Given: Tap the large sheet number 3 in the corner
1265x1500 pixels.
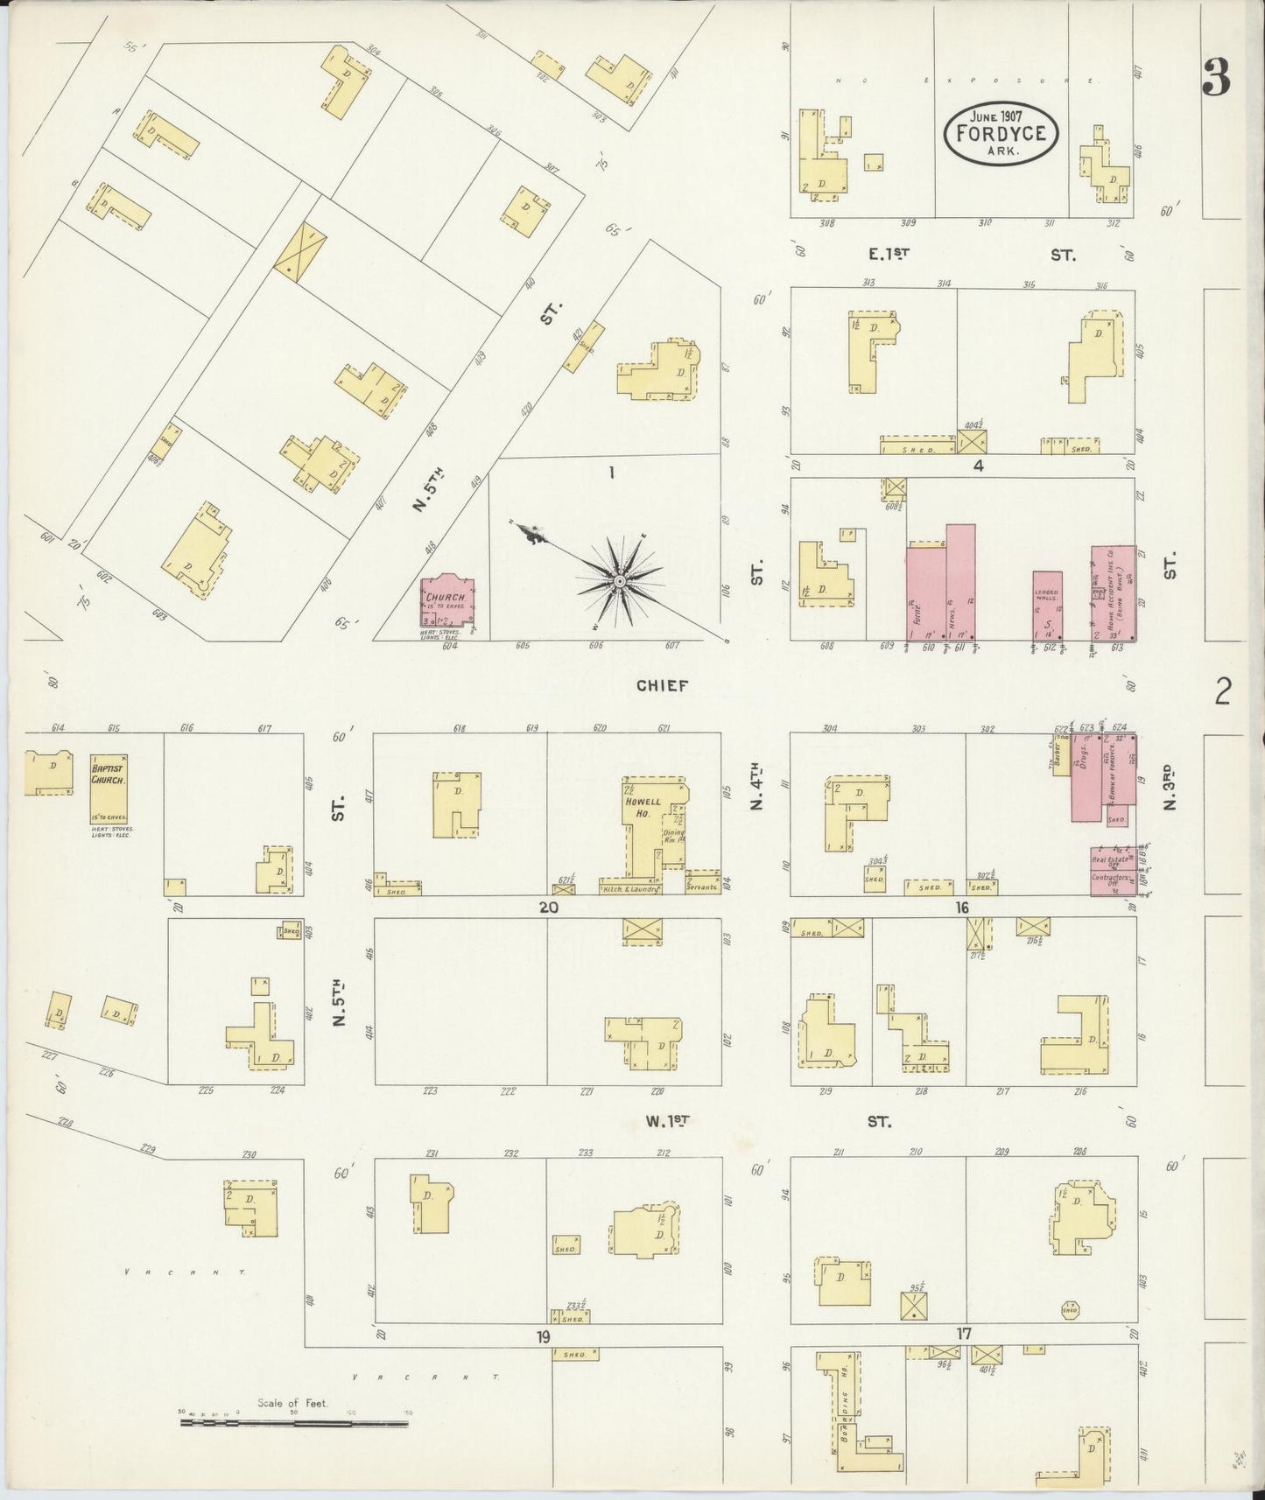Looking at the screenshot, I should pyautogui.click(x=1216, y=79).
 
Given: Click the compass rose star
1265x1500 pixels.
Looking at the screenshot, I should pyautogui.click(x=619, y=581).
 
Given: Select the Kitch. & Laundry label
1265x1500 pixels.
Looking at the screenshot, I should pyautogui.click(x=630, y=888).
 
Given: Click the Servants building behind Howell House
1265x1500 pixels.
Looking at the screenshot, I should pyautogui.click(x=703, y=884).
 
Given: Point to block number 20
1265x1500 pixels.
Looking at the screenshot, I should pyautogui.click(x=548, y=908).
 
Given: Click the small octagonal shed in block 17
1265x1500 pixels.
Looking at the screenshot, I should pyautogui.click(x=1069, y=1309).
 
